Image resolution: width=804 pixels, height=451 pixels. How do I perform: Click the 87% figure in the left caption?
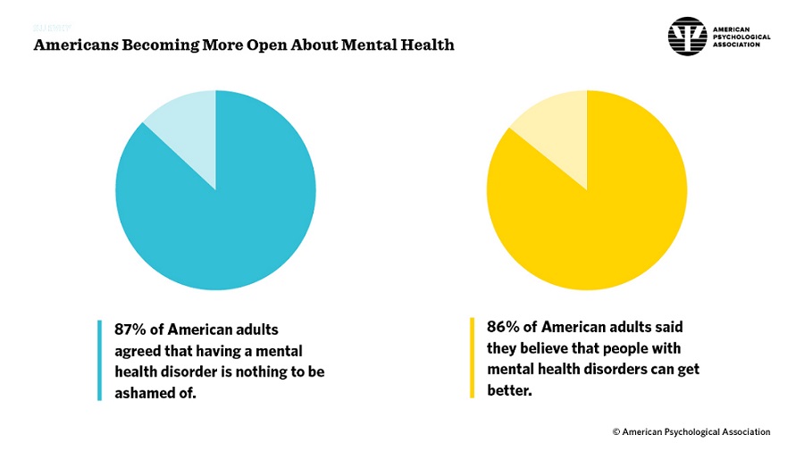(x=130, y=330)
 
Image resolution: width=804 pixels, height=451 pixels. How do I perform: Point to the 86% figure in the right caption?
(x=502, y=327)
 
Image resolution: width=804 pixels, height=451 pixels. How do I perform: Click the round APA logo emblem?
(x=687, y=37)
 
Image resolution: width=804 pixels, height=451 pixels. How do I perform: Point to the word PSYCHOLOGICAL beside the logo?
(x=741, y=37)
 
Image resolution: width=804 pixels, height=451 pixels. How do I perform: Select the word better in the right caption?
(x=509, y=390)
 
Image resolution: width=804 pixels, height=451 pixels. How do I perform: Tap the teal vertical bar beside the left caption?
(x=99, y=361)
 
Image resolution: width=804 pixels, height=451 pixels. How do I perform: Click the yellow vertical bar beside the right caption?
(x=472, y=357)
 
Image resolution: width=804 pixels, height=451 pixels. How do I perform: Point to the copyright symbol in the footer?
(x=616, y=432)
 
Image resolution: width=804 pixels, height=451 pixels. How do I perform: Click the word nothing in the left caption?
(x=242, y=372)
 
